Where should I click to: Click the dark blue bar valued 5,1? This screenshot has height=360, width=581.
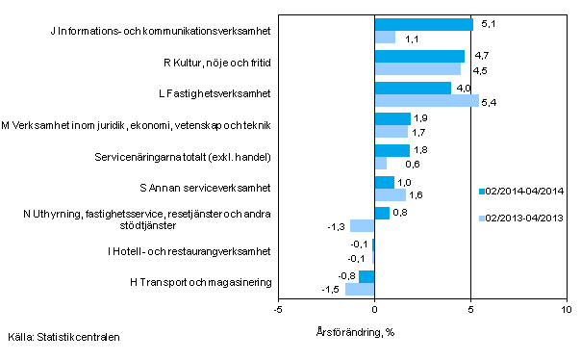423,25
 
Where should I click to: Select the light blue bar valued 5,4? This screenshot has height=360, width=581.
426,100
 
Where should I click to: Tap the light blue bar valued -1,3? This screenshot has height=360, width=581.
362,225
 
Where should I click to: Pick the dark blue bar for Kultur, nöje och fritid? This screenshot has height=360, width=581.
419,57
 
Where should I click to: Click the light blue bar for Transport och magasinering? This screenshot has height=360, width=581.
360,289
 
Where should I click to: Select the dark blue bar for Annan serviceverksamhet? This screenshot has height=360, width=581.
384,182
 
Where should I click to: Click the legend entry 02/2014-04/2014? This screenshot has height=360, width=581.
524,191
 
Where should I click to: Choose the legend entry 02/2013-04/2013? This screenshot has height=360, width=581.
524,219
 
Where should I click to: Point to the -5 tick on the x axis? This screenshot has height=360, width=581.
278,309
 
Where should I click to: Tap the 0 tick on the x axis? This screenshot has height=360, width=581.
374,309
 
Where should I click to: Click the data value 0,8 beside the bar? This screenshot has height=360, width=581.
403,213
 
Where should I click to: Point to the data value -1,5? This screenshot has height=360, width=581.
330,289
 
